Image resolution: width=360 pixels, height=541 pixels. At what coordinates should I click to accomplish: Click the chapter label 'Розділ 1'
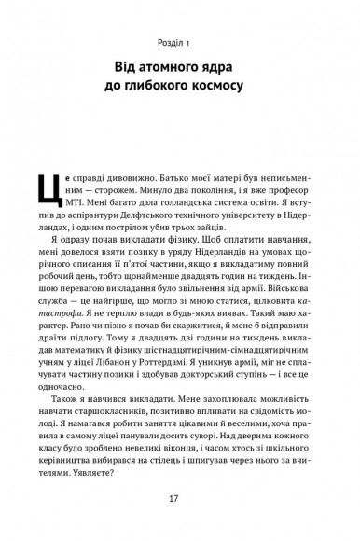180,42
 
